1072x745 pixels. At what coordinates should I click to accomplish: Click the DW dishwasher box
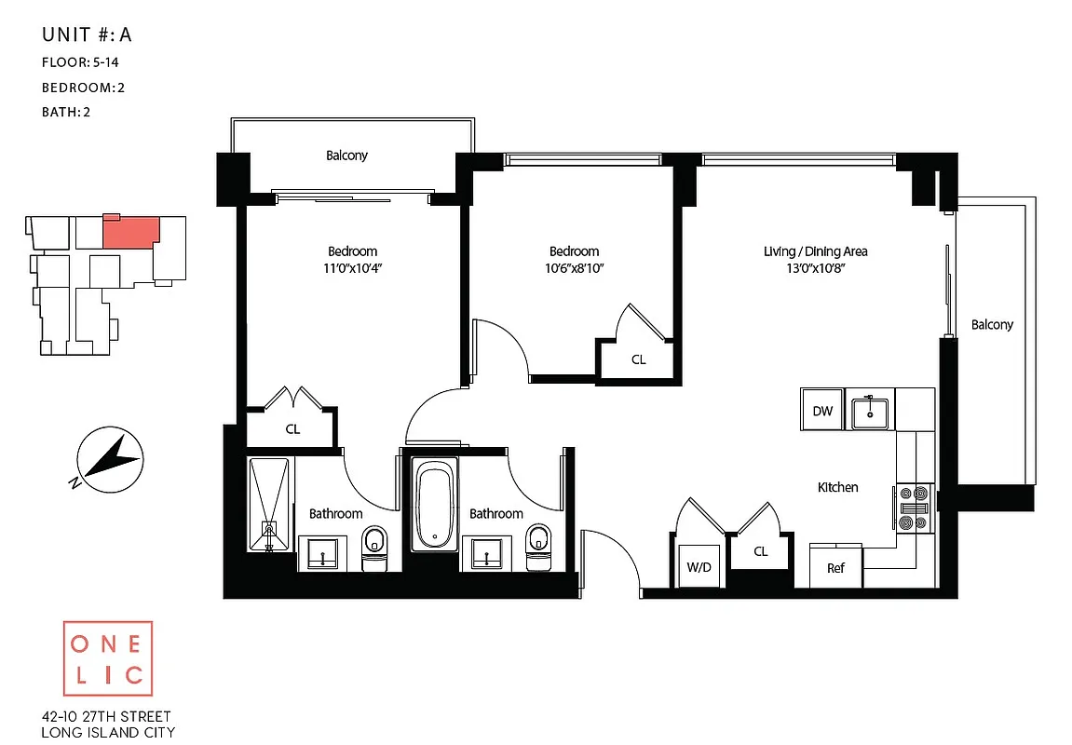[821, 411]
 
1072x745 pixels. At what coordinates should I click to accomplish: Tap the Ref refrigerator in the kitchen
[835, 567]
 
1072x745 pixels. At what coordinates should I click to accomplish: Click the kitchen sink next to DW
[871, 411]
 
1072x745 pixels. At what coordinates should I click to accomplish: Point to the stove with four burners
[914, 508]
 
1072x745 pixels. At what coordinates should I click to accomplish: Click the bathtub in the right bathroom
[433, 504]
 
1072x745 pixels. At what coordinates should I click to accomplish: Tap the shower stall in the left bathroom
[270, 504]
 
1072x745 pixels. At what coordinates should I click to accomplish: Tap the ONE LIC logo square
[108, 658]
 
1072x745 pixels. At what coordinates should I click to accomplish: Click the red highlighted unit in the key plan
[129, 232]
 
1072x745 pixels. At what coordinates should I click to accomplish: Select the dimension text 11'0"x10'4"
[352, 268]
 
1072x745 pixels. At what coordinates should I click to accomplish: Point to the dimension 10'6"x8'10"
[574, 268]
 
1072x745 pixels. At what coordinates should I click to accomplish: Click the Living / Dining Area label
[815, 251]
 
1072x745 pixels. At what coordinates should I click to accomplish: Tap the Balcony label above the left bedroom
[346, 156]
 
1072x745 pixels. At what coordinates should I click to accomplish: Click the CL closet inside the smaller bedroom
[638, 359]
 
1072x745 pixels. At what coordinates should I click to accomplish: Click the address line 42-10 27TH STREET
[106, 716]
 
